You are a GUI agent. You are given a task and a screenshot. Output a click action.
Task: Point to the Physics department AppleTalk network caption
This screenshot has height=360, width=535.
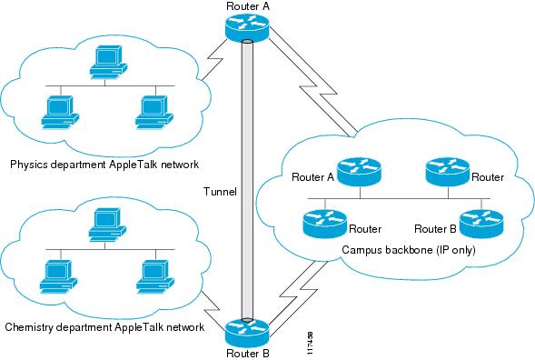104,165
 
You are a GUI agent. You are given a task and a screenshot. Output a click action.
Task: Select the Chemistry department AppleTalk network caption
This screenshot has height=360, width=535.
103,326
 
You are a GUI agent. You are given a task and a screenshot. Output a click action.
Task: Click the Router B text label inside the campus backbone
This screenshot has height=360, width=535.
434,229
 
